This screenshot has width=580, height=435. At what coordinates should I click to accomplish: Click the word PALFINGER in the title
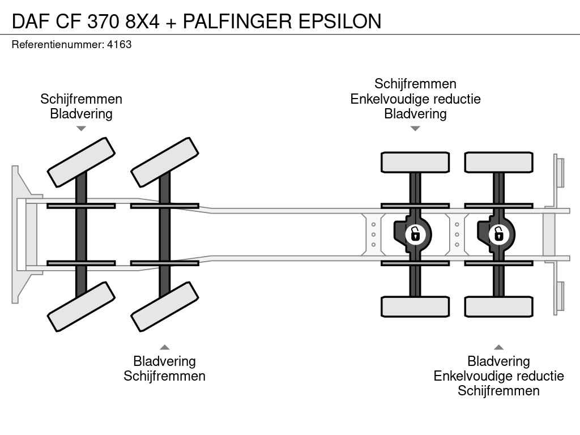click(x=238, y=21)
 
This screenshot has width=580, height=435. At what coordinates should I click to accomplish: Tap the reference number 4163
click(x=120, y=44)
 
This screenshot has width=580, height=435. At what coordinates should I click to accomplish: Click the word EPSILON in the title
click(x=340, y=21)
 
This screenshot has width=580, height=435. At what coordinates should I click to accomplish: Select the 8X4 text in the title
click(x=142, y=21)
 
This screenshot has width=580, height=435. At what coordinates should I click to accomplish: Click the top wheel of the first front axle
click(x=81, y=162)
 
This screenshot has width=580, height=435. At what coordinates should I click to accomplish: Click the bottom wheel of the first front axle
click(x=81, y=306)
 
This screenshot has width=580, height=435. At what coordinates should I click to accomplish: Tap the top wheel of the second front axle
click(x=165, y=162)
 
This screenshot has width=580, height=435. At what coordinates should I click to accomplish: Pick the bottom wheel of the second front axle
click(x=165, y=306)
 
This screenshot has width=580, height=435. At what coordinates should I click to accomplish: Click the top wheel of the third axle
click(x=415, y=163)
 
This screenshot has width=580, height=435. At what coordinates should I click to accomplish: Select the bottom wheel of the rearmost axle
click(x=499, y=306)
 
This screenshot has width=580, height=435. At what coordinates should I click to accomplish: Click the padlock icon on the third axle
click(x=415, y=233)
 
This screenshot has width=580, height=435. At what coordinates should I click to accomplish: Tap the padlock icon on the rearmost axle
click(x=499, y=233)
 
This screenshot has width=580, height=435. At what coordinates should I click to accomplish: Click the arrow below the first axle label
click(x=81, y=129)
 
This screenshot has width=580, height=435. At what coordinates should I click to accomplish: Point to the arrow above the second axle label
click(x=165, y=347)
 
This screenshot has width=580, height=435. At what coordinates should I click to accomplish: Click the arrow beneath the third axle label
click(x=415, y=129)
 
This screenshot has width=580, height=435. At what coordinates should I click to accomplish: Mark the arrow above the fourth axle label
click(x=499, y=347)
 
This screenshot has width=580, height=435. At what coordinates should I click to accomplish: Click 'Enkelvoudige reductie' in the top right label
click(x=415, y=99)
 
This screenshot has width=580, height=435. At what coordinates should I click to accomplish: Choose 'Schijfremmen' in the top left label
click(x=81, y=99)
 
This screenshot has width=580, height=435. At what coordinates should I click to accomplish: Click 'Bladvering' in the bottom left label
click(x=164, y=361)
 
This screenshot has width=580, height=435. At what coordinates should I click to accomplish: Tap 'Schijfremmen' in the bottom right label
click(x=499, y=391)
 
